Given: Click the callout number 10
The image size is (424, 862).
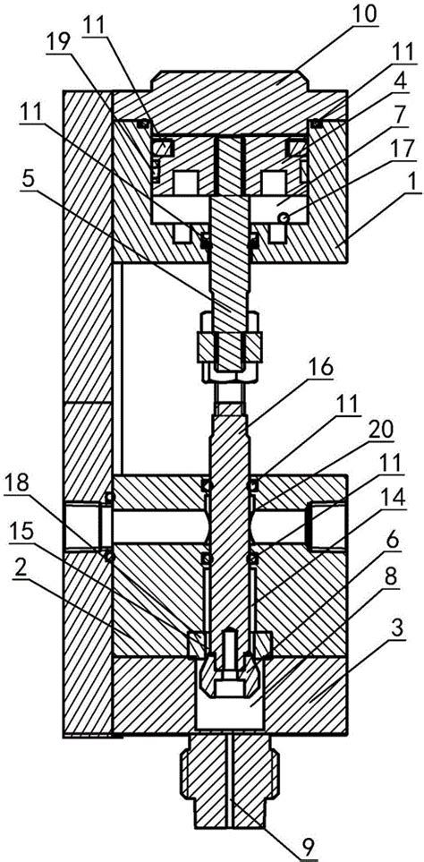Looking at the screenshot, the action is (364, 15).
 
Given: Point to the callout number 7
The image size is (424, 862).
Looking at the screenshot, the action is (401, 115).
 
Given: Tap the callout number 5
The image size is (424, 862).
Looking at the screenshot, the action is (28, 178).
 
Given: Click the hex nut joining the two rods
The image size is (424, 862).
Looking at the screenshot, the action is (230, 346).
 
